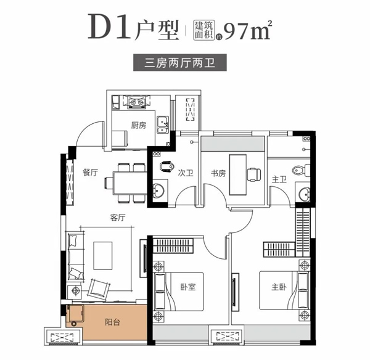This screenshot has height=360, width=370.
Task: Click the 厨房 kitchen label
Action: pyautogui.click(x=139, y=125)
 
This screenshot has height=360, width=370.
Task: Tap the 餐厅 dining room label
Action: pyautogui.click(x=90, y=173)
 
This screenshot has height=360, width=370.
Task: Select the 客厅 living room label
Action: pyautogui.click(x=118, y=218)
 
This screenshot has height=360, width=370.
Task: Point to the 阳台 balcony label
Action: pyautogui.click(x=113, y=322)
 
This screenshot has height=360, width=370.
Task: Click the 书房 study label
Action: pyautogui.click(x=218, y=173)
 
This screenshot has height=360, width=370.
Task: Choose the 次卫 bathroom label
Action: pyautogui.click(x=186, y=173)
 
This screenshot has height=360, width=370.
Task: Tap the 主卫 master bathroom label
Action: pyautogui.click(x=279, y=179)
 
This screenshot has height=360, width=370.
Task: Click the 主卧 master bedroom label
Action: pyautogui.click(x=279, y=287)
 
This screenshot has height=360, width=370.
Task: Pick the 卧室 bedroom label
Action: pyautogui.click(x=188, y=287)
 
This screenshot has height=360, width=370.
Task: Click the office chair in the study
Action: pyautogui.click(x=253, y=174)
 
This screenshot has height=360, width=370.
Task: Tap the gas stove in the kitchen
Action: pyautogui.click(x=138, y=102)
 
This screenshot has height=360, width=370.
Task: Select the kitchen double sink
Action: pyautogui.click(x=163, y=125)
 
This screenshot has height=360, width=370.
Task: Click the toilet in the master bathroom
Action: pyautogui.click(x=301, y=170)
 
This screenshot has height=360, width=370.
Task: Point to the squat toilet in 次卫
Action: pyautogui.click(x=166, y=166)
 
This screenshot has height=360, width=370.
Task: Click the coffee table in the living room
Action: pyautogui.click(x=102, y=256)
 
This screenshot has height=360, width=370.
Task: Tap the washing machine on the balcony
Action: pyautogui.click(x=75, y=314)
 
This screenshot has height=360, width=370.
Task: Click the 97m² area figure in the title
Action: pyautogui.click(x=247, y=31)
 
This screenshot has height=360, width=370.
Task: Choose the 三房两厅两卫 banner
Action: pyautogui.click(x=180, y=63)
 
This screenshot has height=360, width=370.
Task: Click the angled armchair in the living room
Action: pyautogui.click(x=99, y=288)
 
